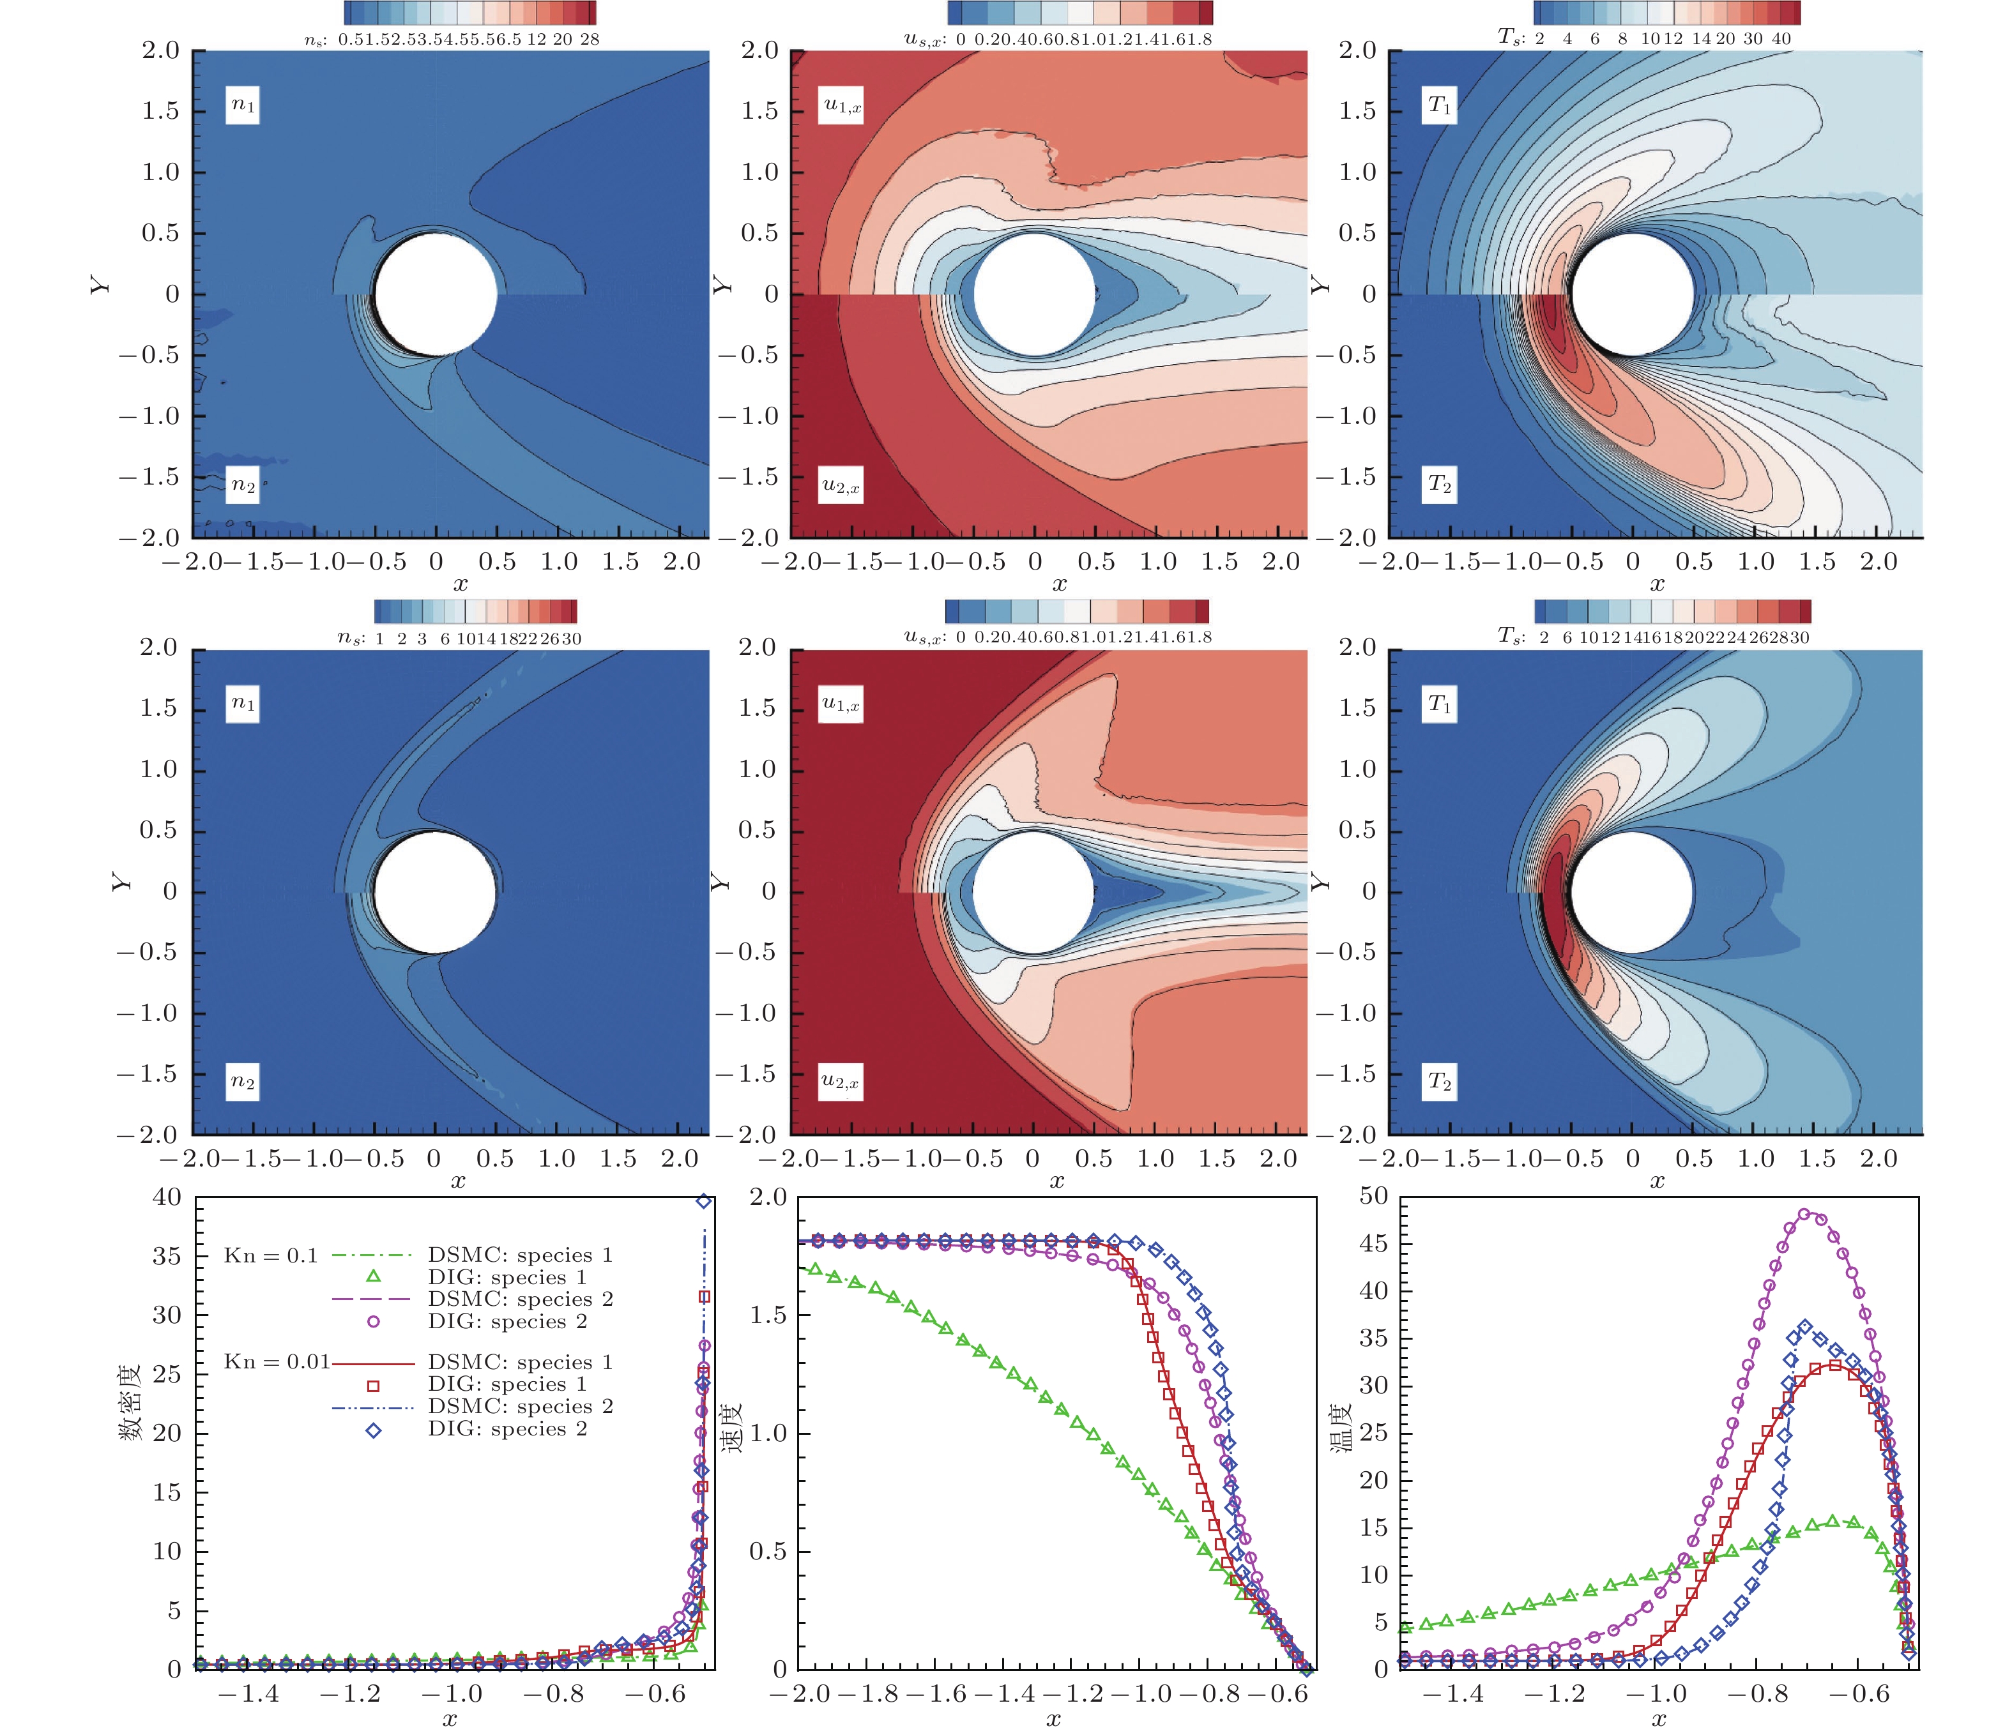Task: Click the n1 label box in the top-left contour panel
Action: pos(243,106)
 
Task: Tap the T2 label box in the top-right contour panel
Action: pos(1439,485)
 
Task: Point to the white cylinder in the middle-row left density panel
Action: pos(434,891)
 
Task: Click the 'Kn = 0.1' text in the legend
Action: pos(271,1256)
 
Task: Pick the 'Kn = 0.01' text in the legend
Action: pos(277,1362)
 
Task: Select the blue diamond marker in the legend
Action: pos(373,1430)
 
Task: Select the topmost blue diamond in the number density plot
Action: pos(704,1201)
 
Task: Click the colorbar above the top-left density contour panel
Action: pos(470,13)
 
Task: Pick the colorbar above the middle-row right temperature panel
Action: pos(1672,610)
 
